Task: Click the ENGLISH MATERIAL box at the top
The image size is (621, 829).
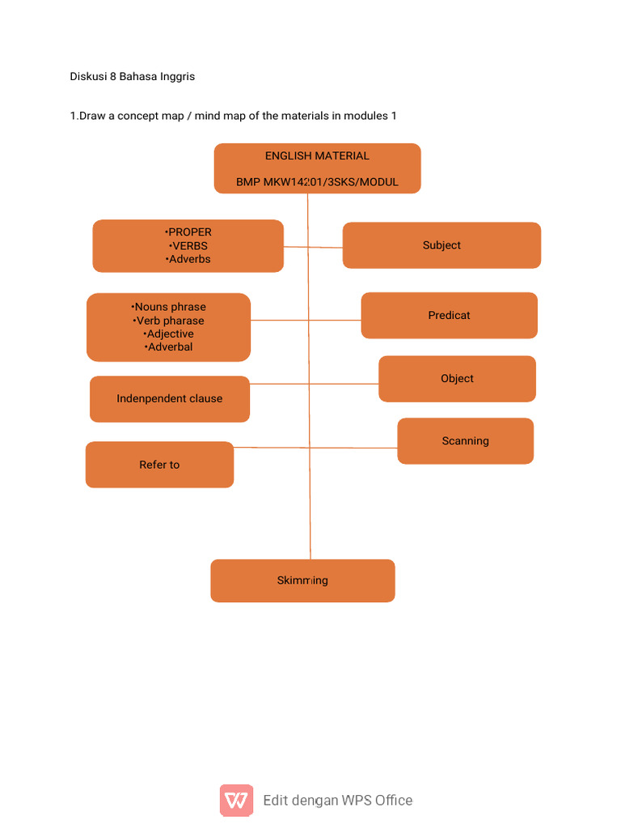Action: tap(317, 156)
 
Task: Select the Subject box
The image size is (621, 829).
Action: tap(441, 245)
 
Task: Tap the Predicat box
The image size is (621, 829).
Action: tap(449, 315)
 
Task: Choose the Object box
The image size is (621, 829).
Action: tap(457, 379)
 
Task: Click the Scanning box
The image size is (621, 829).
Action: tap(465, 441)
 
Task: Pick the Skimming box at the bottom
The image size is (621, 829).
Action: tap(302, 580)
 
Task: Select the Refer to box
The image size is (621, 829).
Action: tap(159, 465)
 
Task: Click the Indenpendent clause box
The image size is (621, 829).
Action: tap(169, 398)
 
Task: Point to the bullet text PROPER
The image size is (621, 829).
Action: tap(188, 232)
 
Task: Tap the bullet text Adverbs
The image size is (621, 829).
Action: tap(188, 259)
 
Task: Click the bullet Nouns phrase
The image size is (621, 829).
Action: tap(169, 307)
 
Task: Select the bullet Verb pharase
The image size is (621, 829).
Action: tap(169, 321)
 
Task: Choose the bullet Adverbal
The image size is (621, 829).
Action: tap(169, 347)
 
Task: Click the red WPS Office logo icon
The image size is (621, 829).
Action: tap(236, 800)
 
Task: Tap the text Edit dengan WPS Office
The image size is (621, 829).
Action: tap(337, 801)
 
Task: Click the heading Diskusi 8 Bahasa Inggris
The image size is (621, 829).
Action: tap(133, 77)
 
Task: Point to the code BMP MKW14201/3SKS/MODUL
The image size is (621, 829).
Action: tap(317, 182)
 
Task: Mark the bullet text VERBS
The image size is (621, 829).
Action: tap(188, 246)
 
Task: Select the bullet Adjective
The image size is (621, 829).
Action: tap(169, 334)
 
